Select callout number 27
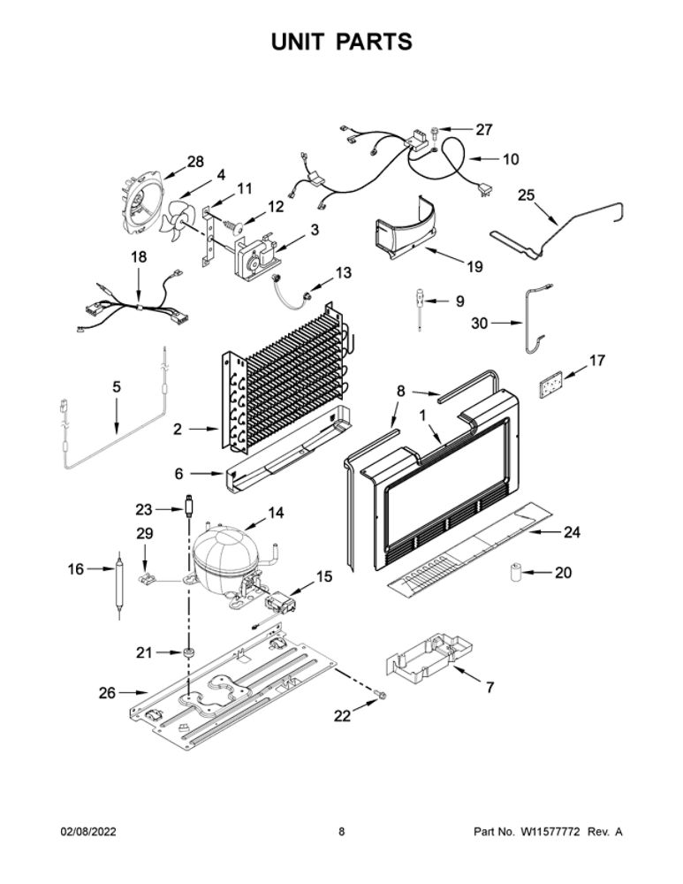point(484,130)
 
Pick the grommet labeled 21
point(187,653)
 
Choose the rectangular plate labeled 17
point(550,386)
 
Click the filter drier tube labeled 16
point(119,585)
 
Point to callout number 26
point(107,693)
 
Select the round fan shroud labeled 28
point(140,205)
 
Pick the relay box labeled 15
point(279,604)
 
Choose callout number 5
point(117,387)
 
